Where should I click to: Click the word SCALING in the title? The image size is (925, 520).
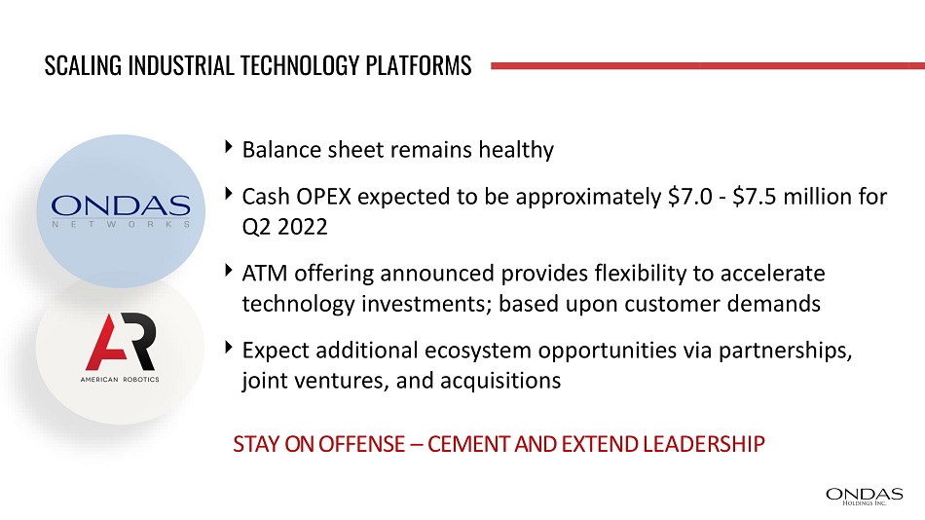coord(83,65)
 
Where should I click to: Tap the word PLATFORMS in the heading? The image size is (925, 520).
coord(419,65)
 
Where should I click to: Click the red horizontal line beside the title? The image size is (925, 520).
coord(708,66)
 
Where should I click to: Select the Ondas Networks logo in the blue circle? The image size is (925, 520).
coord(121,210)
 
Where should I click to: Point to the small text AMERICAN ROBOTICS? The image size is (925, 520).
coord(120,380)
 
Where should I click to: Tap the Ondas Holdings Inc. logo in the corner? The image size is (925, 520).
coord(865,497)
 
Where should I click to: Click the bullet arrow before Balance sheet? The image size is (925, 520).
coord(229,147)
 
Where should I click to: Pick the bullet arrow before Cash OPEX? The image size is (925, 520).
coord(229,194)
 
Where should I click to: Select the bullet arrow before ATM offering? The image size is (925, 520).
coord(229,271)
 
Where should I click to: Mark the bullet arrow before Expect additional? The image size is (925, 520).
coord(229,348)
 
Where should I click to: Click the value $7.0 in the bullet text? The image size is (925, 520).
coord(690,197)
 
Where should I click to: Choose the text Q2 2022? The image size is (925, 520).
coord(285,227)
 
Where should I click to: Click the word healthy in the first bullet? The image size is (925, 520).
coord(516,151)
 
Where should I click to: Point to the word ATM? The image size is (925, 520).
coord(265,274)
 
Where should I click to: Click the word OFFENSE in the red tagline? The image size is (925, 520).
coord(362,444)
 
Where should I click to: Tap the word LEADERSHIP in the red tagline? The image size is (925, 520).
coord(704,444)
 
